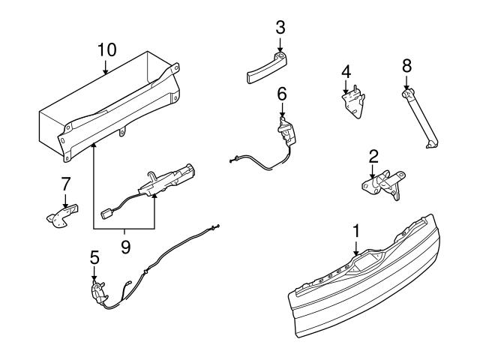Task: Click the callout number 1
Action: coord(357,229)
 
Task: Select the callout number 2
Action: coord(373,157)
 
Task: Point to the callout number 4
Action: coord(346,72)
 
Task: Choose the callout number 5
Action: coord(94,256)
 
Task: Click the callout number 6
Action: coord(282,94)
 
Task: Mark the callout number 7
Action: coord(65,182)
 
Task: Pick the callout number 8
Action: coord(406,67)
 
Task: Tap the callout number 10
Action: coord(106,51)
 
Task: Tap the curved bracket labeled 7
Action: coord(60,215)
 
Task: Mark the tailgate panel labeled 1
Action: coord(360,300)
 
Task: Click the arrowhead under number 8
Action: coord(406,88)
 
